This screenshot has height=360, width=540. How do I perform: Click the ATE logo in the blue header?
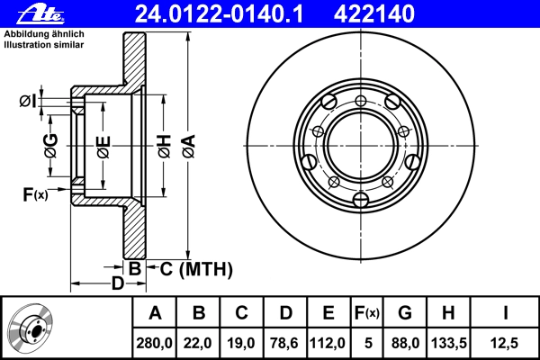pos(40,14)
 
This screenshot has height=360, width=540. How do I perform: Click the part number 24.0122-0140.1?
pos(219,14)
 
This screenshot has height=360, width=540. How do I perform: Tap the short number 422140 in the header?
pos(374,14)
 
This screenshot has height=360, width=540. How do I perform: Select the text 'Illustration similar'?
pos(44,45)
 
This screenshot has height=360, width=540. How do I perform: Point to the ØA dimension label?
pos(189,147)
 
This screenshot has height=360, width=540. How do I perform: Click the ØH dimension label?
pos(165,147)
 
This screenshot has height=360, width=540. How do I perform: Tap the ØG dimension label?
pos(50,146)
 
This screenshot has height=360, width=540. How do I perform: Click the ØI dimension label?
pos(28,102)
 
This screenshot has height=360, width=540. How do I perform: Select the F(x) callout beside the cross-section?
pos(35,194)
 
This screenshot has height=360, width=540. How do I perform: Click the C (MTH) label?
pos(196,269)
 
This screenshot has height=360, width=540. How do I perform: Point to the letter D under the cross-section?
pos(117,283)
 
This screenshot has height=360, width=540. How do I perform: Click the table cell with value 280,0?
pos(154,343)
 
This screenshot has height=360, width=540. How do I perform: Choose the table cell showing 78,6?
pos(284,343)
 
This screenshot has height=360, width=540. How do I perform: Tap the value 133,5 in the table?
pos(449,343)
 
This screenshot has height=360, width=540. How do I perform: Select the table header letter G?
pos(405,313)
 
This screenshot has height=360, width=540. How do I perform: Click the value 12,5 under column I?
pos(505,343)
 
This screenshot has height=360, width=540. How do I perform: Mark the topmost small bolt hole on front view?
pos(361,101)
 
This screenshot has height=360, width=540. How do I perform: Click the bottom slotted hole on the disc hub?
pos(361,200)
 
